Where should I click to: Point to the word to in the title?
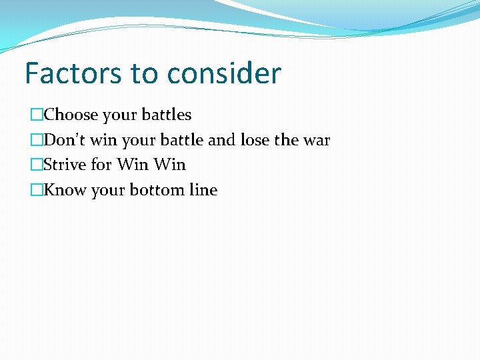[x=142, y=73]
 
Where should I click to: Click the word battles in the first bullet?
[x=165, y=115]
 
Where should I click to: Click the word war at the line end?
[x=317, y=141]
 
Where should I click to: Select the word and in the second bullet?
[x=221, y=141]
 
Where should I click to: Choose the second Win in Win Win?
[x=170, y=165]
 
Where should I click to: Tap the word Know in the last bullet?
[x=64, y=190]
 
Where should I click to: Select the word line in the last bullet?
[x=203, y=190]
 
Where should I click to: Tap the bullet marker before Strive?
[x=36, y=165]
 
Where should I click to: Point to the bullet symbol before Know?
[x=36, y=191]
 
